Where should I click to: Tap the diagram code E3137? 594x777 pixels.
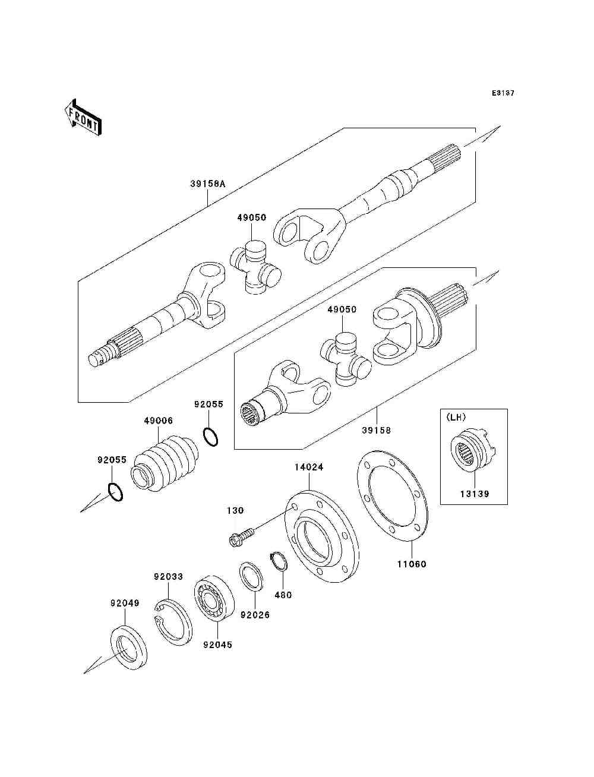[x=503, y=93]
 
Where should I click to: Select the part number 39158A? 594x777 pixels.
[x=208, y=184]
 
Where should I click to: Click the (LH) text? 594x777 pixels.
[x=456, y=418]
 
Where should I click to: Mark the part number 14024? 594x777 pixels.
[x=309, y=468]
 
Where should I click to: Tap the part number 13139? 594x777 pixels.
[x=474, y=494]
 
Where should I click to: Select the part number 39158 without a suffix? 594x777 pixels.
[x=377, y=430]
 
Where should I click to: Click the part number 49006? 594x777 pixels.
[x=159, y=421]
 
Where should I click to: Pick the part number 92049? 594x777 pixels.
[x=125, y=603]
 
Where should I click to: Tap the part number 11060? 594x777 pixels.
[x=412, y=564]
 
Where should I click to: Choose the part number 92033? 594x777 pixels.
[x=169, y=576]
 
